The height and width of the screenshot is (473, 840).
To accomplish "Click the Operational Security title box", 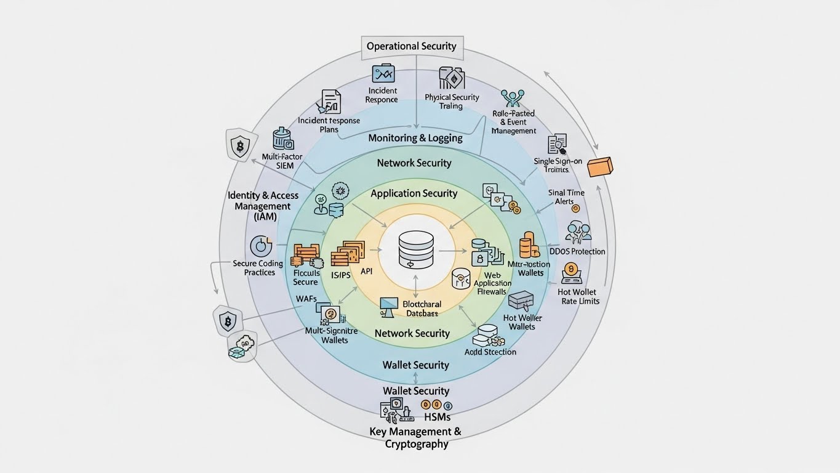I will point(412,46).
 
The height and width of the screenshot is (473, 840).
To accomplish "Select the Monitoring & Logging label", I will point(415,138).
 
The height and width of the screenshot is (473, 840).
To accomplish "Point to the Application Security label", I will point(414,193).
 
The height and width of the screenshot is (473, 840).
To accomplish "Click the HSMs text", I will point(437,417).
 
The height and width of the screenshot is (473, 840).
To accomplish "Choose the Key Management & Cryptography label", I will point(415,438).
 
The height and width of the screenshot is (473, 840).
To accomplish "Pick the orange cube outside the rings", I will point(600,166).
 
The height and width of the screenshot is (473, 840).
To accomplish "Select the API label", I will point(367,271).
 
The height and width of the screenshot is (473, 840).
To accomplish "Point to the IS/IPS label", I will point(340,275).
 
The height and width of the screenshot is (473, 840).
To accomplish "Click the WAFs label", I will point(306,299).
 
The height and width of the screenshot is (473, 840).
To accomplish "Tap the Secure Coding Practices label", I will point(258,268).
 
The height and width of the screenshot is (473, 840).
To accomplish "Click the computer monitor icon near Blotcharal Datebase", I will point(389,306).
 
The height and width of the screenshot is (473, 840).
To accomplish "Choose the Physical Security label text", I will point(452,102).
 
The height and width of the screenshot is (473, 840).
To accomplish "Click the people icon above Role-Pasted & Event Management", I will point(512,98).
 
